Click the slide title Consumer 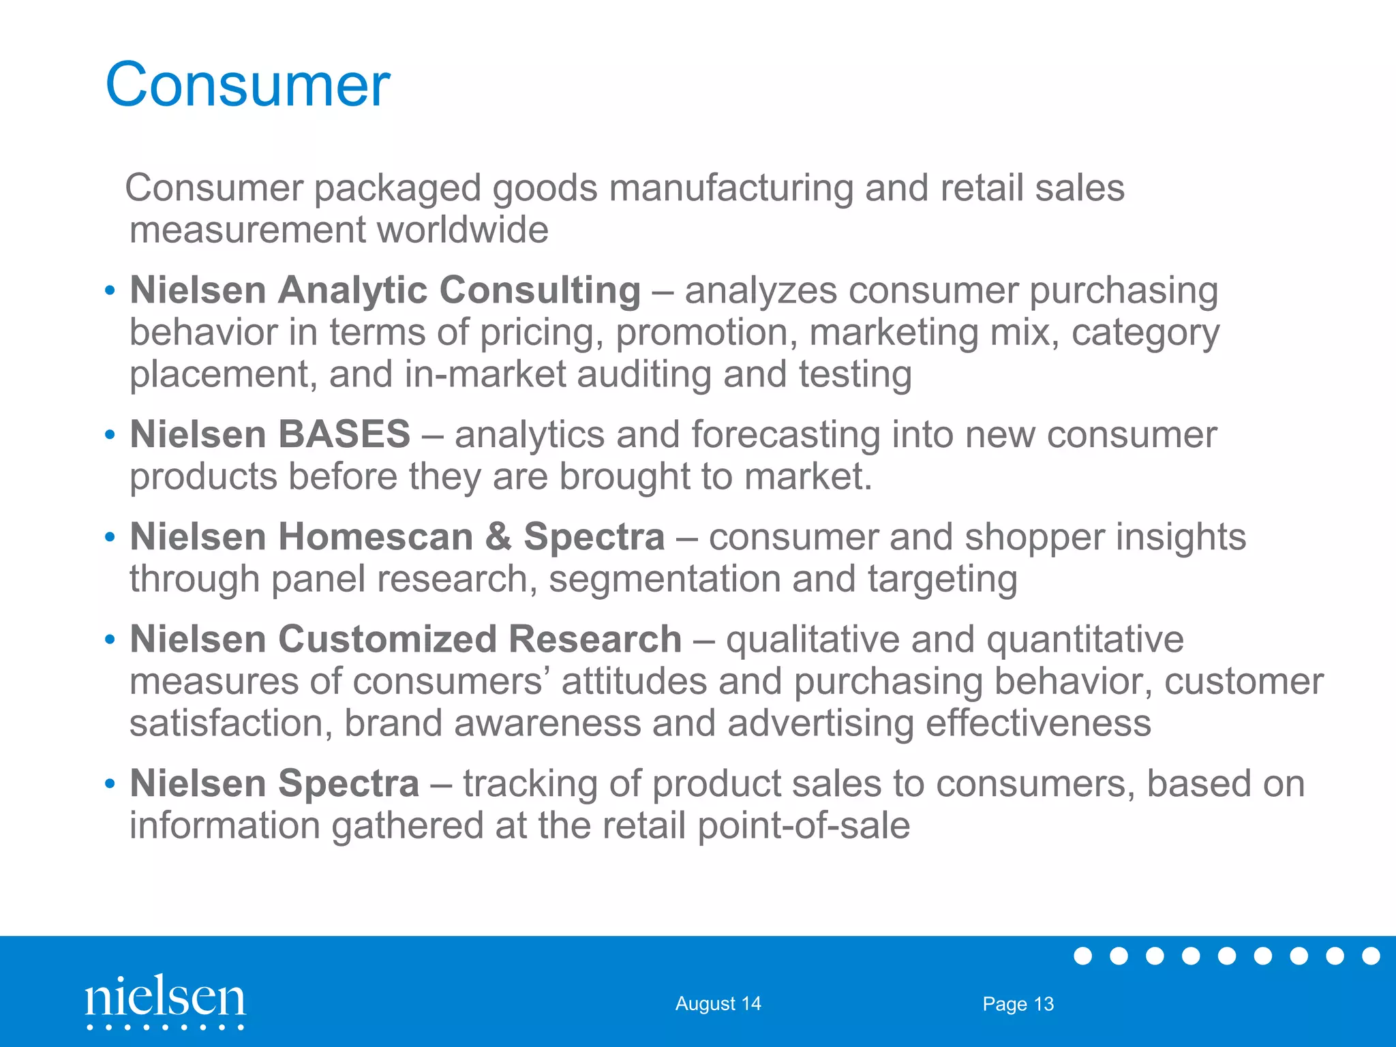click(247, 85)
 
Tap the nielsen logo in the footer click(165, 999)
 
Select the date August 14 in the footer click(718, 1003)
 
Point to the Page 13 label click(1018, 1003)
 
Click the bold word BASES click(343, 434)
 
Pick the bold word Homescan click(376, 536)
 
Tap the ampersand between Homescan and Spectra click(498, 536)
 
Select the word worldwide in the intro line click(463, 230)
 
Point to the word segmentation click(665, 579)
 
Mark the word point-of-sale click(804, 825)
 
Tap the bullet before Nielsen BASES click(110, 435)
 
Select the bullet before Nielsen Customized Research click(110, 640)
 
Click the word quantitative click(1084, 640)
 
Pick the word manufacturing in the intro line click(731, 188)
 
